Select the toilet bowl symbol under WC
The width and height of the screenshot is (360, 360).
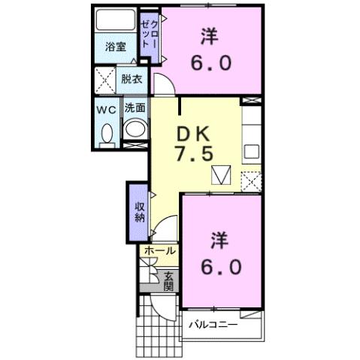pos(106,134)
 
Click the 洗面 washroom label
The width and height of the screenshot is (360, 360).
pos(135,108)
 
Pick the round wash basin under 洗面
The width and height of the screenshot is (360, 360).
pos(135,129)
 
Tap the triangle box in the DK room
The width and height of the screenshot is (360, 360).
pos(220,176)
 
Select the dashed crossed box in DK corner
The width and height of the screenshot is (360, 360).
pos(250,181)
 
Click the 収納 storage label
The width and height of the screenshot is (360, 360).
pos(138,213)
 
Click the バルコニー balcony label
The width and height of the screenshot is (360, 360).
pos(213,325)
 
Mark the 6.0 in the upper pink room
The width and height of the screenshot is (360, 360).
pos(210,63)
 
